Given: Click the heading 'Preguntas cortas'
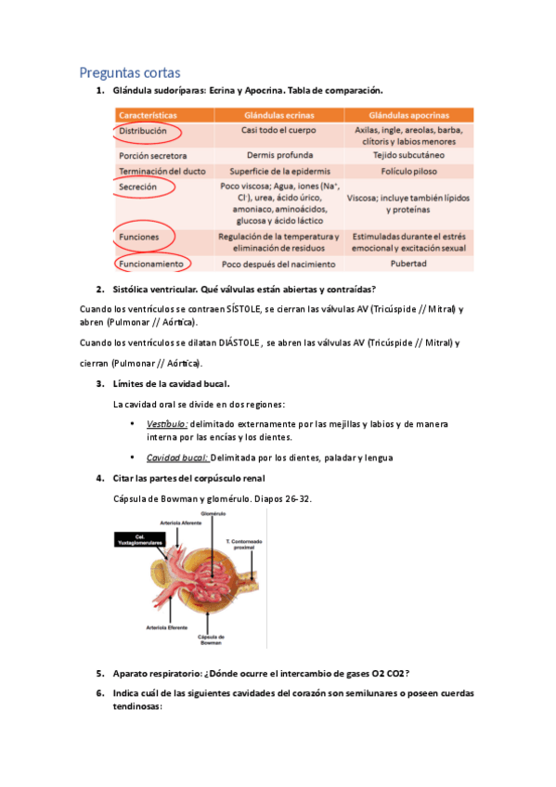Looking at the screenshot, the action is click(130, 71).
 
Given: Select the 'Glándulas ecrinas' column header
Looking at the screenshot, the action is click(278, 115).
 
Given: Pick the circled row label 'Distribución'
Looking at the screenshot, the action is click(143, 132).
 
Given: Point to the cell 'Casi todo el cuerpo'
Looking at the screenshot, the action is click(278, 132).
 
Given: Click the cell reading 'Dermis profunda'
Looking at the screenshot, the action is click(278, 156).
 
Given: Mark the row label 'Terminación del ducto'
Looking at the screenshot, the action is click(162, 171).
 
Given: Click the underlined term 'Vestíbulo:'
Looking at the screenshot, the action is click(166, 423).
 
